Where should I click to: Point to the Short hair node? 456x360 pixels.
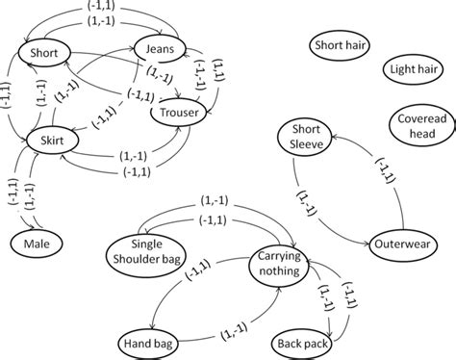click(338, 43)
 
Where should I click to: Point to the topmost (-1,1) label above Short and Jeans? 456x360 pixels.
click(114, 9)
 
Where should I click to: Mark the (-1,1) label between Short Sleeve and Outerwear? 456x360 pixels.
click(380, 180)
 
